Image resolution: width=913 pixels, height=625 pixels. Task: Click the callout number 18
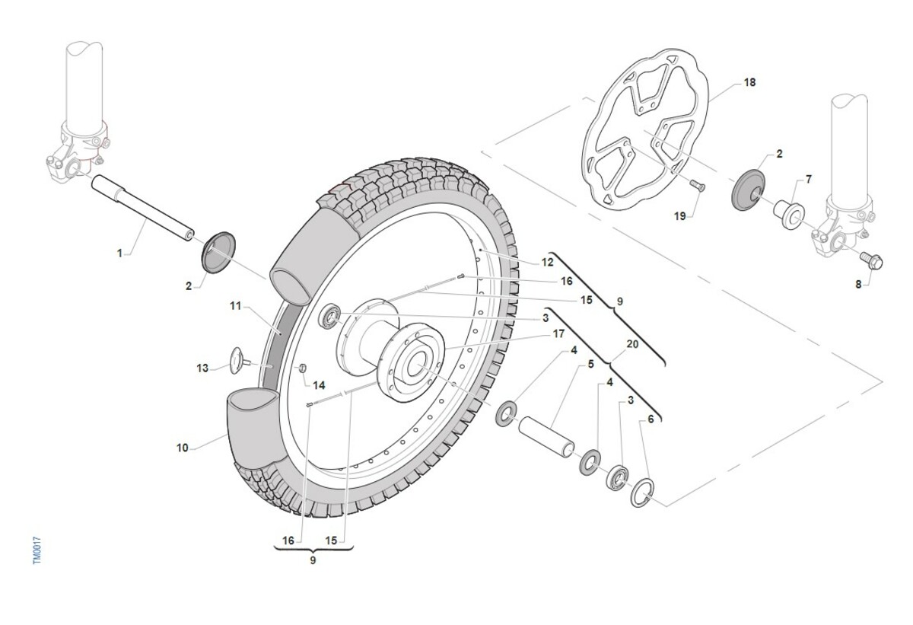point(749,82)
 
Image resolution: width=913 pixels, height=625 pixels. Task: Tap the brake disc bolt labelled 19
point(698,186)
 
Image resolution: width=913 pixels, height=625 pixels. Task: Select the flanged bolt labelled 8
point(871,260)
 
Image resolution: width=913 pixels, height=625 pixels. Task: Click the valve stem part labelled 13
point(239,360)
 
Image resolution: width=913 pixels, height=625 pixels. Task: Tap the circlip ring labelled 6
point(642,493)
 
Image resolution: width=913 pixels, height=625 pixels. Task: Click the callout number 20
point(632,345)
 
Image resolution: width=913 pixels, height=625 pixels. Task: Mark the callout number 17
point(558,334)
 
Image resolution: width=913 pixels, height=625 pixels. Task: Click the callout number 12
point(547,262)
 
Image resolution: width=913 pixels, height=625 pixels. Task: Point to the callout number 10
point(182,448)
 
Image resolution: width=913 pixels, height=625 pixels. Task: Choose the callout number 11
point(236,306)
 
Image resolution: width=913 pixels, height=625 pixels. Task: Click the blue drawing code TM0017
point(37,551)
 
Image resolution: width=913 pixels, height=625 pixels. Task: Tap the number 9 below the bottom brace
point(313,560)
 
